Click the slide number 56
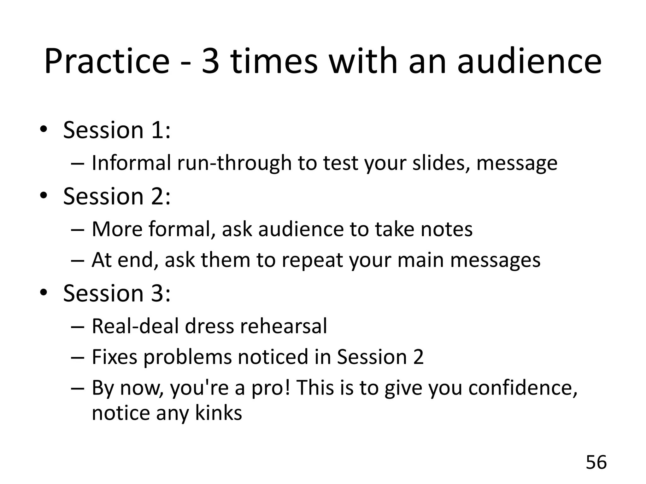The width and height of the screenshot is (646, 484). pyautogui.click(x=596, y=463)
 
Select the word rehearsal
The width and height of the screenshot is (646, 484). pyautogui.click(x=284, y=326)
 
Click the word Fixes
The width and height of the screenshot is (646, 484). pyautogui.click(x=115, y=357)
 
